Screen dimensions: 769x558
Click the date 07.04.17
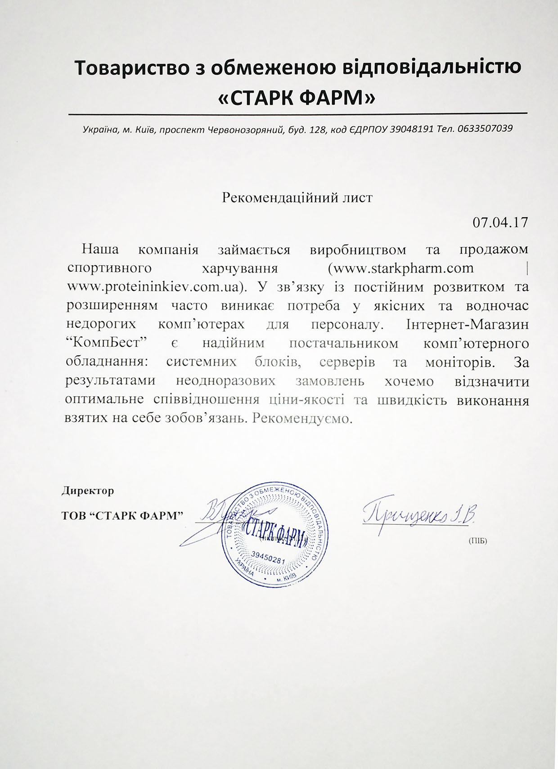click(500, 223)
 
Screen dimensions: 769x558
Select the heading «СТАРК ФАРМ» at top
click(296, 98)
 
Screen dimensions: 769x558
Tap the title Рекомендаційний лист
click(297, 198)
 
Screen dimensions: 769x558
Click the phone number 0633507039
click(485, 129)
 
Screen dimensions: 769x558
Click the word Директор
click(88, 491)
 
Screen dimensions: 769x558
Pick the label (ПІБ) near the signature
click(477, 541)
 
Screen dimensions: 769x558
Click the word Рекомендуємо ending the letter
click(301, 419)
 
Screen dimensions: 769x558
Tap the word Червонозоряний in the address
click(244, 130)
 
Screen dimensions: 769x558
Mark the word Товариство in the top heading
click(135, 67)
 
